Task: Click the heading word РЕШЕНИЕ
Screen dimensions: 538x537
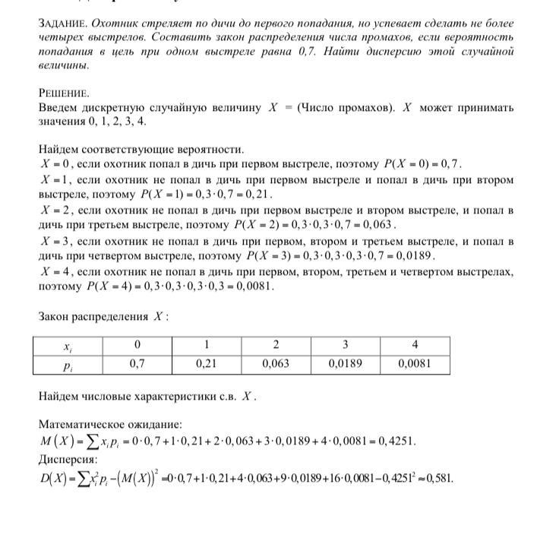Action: coord(63,93)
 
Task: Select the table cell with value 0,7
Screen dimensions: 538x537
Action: coord(137,364)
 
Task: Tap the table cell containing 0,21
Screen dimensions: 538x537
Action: coord(206,364)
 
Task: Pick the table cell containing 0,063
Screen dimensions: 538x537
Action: coord(276,364)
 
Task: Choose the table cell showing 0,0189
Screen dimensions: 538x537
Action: coord(344,364)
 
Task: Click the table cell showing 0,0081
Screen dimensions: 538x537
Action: coord(415,364)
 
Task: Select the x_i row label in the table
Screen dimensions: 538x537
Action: coord(68,346)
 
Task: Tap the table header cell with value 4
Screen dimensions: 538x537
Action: coord(415,345)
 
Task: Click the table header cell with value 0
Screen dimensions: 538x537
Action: coord(137,345)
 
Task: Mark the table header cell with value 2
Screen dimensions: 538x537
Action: coord(276,345)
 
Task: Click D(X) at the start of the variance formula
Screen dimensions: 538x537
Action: coord(54,478)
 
